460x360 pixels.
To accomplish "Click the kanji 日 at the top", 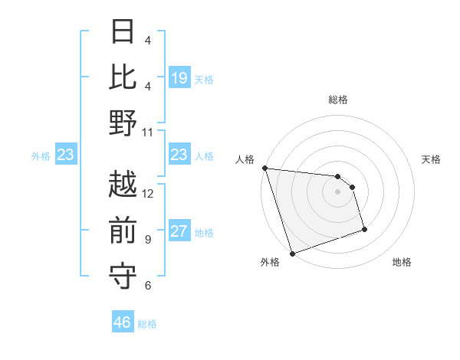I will click(x=123, y=32).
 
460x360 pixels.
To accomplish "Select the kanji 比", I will click(x=123, y=77).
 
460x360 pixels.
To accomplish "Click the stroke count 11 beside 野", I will click(x=148, y=131).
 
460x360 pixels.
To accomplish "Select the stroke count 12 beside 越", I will click(x=148, y=193).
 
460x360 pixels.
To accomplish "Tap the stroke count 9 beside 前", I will click(x=148, y=239).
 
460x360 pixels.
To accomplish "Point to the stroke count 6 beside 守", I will click(x=148, y=285).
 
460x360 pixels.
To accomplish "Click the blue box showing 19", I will click(x=179, y=78).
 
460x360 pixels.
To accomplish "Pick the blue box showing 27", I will click(x=179, y=232).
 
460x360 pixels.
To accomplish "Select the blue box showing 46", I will click(x=123, y=322).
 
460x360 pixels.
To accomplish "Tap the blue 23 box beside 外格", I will click(x=65, y=155).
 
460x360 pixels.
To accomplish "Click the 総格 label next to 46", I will click(x=147, y=324).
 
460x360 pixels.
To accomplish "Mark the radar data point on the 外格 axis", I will click(x=292, y=254).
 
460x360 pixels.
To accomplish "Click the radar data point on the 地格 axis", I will click(x=364, y=230).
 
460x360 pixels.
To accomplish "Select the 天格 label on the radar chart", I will click(x=431, y=159).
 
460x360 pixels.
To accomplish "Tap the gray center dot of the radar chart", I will click(x=337, y=191).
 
